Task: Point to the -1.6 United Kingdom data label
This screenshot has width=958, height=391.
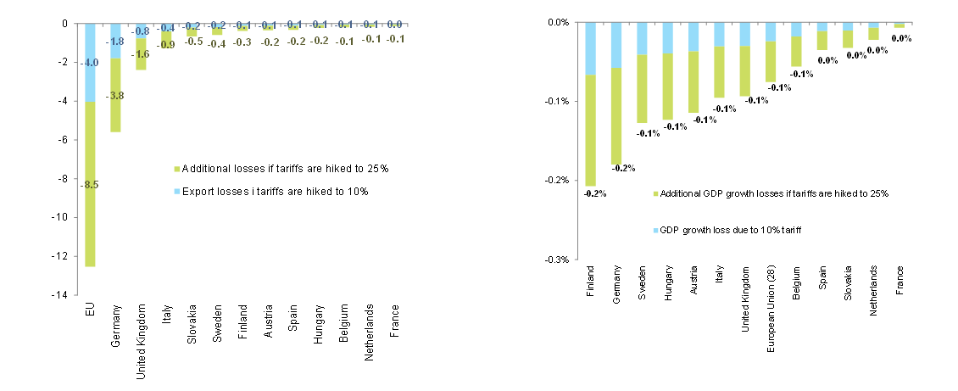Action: click(x=141, y=54)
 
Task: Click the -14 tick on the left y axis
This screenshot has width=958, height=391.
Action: click(x=64, y=295)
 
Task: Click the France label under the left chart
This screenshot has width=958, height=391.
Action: click(x=393, y=320)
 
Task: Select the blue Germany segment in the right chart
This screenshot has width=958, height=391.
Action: click(x=615, y=45)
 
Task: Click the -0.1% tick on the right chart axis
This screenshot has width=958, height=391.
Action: click(x=557, y=101)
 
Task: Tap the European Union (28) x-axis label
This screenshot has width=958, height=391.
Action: click(x=771, y=310)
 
